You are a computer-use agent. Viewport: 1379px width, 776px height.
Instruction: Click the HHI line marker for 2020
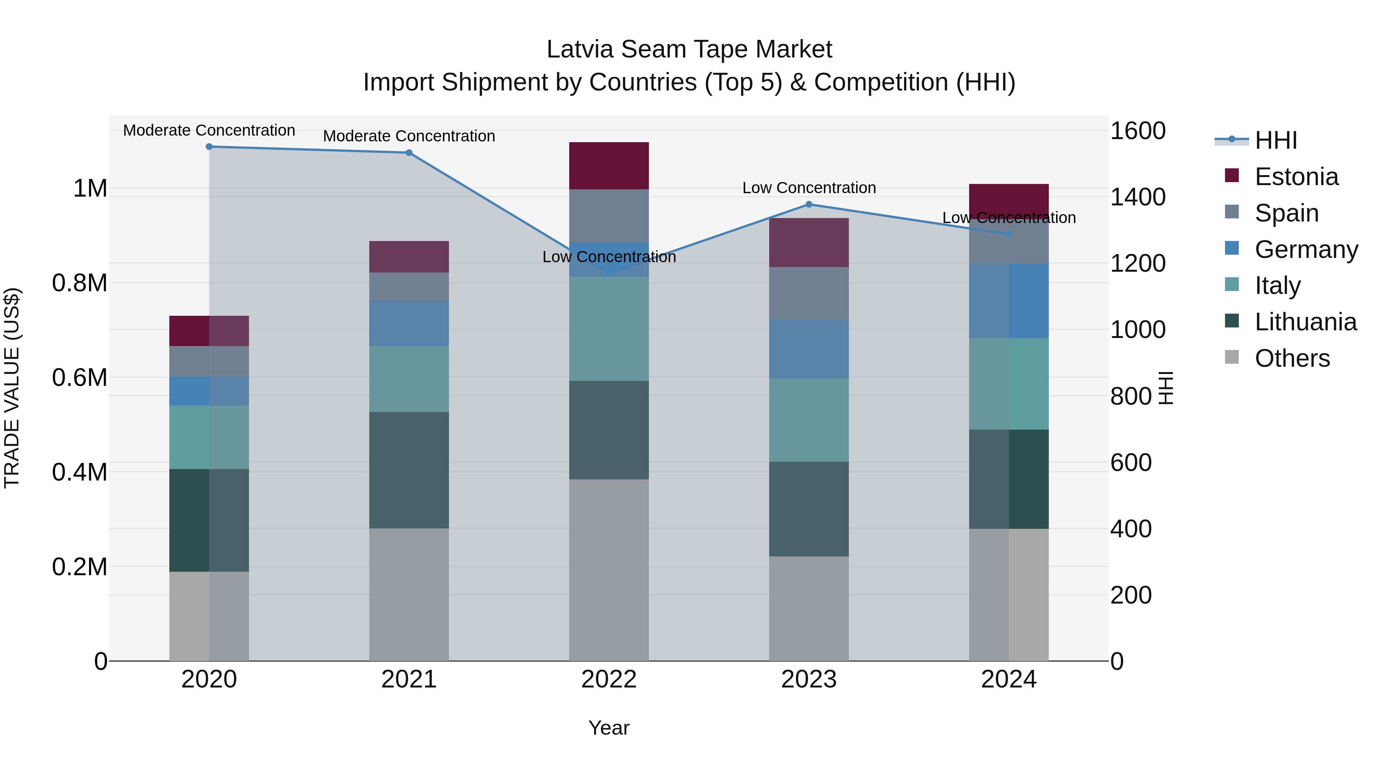coord(209,147)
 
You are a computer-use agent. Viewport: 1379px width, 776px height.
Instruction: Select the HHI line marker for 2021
coord(409,153)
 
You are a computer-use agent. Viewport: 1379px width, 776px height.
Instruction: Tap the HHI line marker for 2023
coord(809,204)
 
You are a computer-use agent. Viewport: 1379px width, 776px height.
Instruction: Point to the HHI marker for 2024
coord(1009,235)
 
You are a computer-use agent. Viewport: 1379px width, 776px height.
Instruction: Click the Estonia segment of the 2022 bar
coord(609,166)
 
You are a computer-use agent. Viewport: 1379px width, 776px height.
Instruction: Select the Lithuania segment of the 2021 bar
coord(409,470)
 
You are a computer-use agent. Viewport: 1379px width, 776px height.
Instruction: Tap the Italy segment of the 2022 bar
coord(609,328)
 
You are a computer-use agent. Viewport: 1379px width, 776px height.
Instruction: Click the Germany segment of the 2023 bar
coord(809,349)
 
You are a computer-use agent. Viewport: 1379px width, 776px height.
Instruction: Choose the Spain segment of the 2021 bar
coord(409,287)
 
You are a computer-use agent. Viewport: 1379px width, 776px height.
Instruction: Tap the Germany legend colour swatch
coord(1232,248)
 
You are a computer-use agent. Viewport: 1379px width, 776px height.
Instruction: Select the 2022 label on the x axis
coord(609,679)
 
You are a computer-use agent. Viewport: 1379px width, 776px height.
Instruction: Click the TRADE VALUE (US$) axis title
coord(12,388)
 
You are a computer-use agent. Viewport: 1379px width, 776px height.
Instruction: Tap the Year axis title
coord(609,728)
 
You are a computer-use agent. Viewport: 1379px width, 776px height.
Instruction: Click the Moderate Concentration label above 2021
coord(409,136)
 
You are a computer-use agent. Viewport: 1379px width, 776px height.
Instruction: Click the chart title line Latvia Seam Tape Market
coord(689,49)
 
